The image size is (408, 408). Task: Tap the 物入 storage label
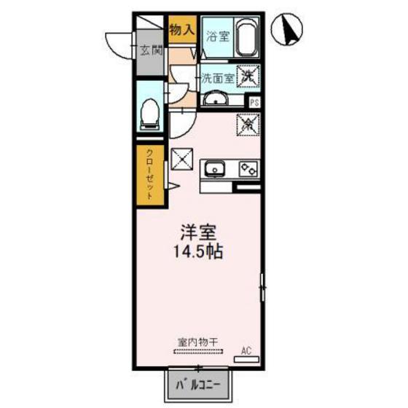pyautogui.click(x=181, y=31)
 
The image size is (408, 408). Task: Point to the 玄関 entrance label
pyautogui.click(x=151, y=50)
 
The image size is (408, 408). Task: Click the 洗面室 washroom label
pyautogui.click(x=218, y=77)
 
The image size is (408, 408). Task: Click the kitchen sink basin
pyautogui.click(x=214, y=170)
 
